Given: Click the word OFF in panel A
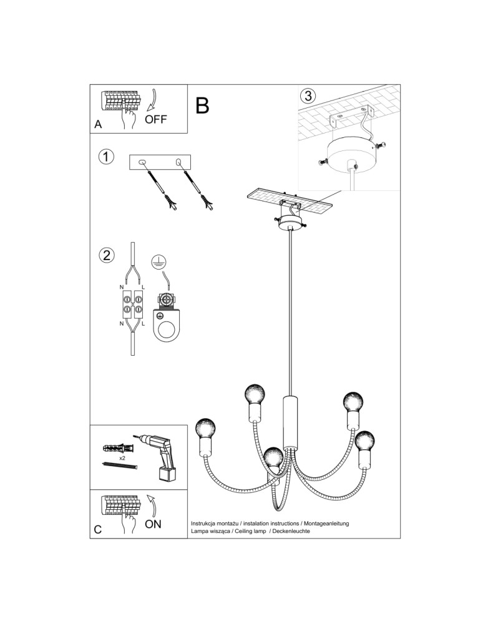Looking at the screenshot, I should click(155, 119).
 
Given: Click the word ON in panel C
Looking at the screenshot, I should click(153, 524).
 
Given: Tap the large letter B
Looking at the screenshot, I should click(202, 106).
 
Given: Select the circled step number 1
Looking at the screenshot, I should click(107, 157).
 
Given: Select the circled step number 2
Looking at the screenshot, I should click(107, 255).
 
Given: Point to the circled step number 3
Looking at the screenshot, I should click(308, 97).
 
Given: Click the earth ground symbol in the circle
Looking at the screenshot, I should click(159, 265).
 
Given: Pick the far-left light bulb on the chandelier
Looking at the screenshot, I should click(205, 429).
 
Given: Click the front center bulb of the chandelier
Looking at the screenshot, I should click(273, 459).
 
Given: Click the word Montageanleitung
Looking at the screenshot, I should click(326, 522).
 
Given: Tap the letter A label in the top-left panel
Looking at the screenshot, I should click(98, 124).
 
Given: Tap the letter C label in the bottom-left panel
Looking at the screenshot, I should click(98, 529).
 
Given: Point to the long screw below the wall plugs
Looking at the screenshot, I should click(118, 465).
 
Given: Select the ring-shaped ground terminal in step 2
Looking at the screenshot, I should click(167, 329).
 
